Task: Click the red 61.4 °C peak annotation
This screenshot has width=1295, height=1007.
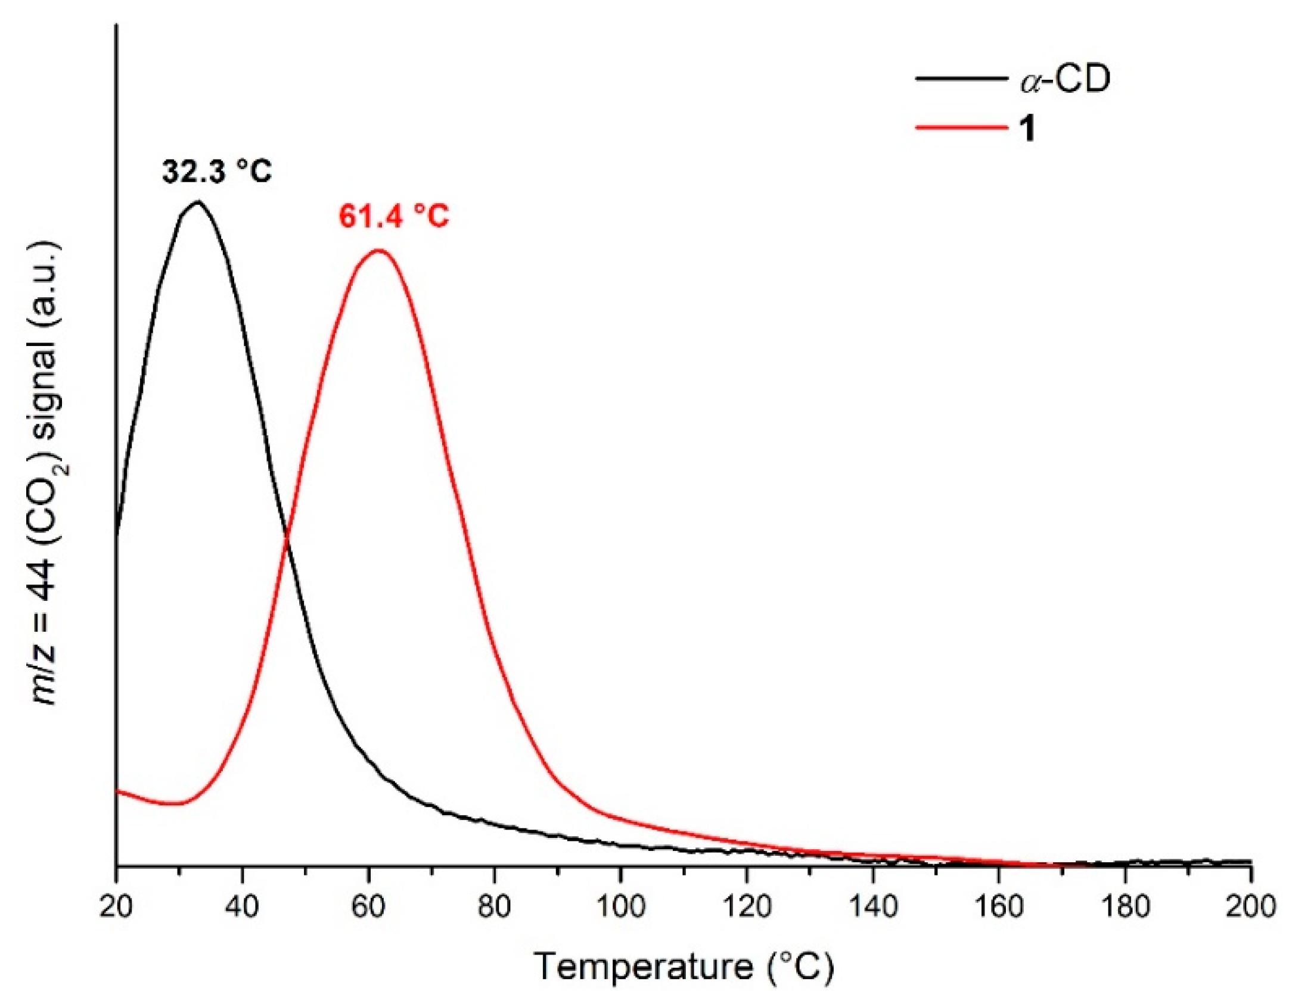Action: tap(394, 216)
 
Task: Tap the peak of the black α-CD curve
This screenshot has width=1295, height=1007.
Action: tap(197, 202)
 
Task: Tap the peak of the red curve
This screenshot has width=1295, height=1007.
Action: tap(378, 250)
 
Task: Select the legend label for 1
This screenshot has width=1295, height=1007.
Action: tap(1027, 127)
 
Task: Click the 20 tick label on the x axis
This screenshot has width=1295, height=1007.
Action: tap(116, 907)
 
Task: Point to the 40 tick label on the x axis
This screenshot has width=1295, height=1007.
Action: tap(242, 907)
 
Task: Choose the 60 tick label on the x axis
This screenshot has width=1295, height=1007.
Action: tap(368, 907)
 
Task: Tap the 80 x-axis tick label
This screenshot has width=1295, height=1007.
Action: tap(494, 907)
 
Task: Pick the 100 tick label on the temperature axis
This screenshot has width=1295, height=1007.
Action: tap(620, 907)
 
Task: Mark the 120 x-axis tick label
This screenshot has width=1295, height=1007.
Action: tap(747, 907)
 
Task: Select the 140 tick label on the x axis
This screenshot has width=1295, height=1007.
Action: tap(872, 907)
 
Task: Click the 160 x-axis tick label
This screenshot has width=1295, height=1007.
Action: tap(999, 907)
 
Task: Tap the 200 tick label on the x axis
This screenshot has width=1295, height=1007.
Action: tap(1250, 907)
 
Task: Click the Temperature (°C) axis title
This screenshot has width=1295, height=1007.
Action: tap(684, 967)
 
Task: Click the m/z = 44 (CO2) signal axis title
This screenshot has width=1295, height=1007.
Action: tap(46, 473)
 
